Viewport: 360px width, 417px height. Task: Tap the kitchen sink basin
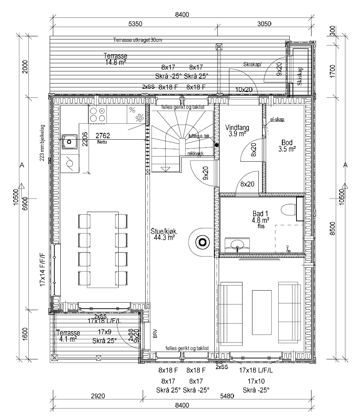(x=69, y=142)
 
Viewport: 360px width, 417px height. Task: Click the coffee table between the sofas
(x=262, y=312)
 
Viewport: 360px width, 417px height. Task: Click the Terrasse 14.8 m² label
(x=115, y=59)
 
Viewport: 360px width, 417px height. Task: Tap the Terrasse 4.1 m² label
(x=68, y=336)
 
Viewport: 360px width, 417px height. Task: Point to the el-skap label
(x=277, y=120)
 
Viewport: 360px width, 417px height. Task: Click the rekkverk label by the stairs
(x=195, y=153)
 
